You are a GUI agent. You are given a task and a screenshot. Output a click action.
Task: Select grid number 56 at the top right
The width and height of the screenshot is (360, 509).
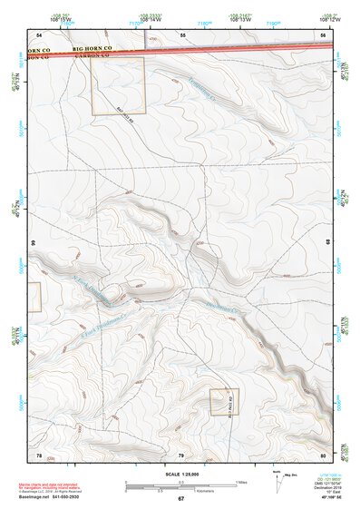pyautogui.click(x=323, y=34)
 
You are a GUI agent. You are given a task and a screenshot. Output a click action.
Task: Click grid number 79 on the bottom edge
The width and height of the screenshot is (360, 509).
pyautogui.click(x=180, y=454)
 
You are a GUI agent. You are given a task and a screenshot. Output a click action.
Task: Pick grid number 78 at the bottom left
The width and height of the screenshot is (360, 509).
pyautogui.click(x=38, y=454)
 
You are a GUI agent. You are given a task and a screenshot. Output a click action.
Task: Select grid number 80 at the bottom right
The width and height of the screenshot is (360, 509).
pyautogui.click(x=323, y=454)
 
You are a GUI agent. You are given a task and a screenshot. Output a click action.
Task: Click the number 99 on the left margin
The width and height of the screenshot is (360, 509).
pyautogui.click(x=33, y=244)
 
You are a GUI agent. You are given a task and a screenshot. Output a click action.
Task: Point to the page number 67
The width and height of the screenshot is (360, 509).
pyautogui.click(x=180, y=499)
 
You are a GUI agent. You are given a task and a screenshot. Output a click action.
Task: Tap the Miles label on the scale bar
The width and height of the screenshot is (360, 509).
pyautogui.click(x=240, y=481)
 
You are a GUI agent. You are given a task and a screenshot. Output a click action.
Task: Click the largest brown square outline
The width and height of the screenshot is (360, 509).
pyautogui.click(x=117, y=85)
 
